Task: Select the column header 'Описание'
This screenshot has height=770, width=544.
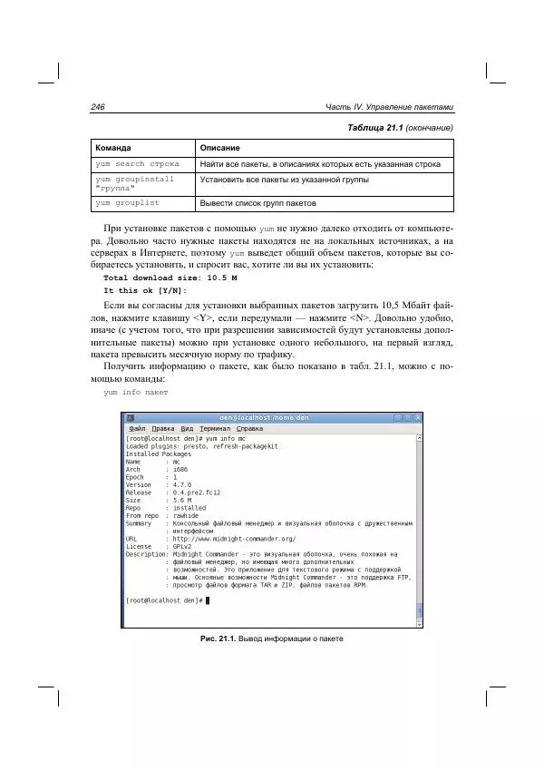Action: click(x=220, y=147)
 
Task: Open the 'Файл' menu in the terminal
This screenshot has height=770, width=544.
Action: click(x=137, y=428)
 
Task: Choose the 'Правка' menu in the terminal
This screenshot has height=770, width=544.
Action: click(x=163, y=428)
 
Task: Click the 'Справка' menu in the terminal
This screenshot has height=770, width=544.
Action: click(x=250, y=428)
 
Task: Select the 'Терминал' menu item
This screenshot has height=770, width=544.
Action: click(x=216, y=428)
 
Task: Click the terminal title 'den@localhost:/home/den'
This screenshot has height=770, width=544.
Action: click(x=271, y=417)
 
